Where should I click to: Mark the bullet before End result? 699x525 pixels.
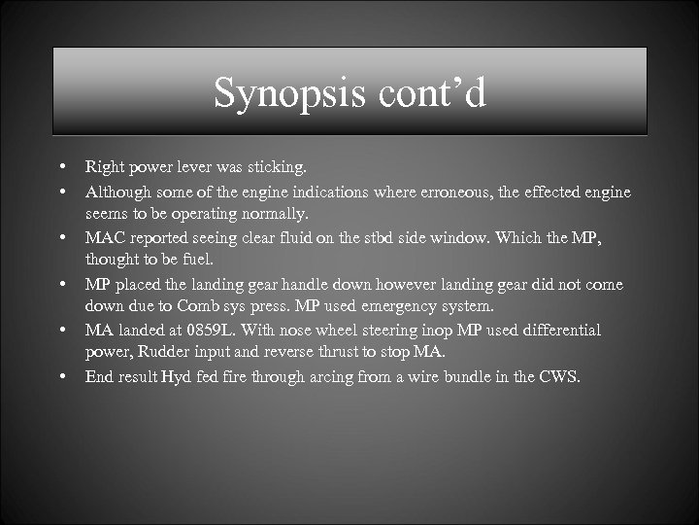tap(62, 376)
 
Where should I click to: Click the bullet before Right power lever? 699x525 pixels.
tap(62, 168)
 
